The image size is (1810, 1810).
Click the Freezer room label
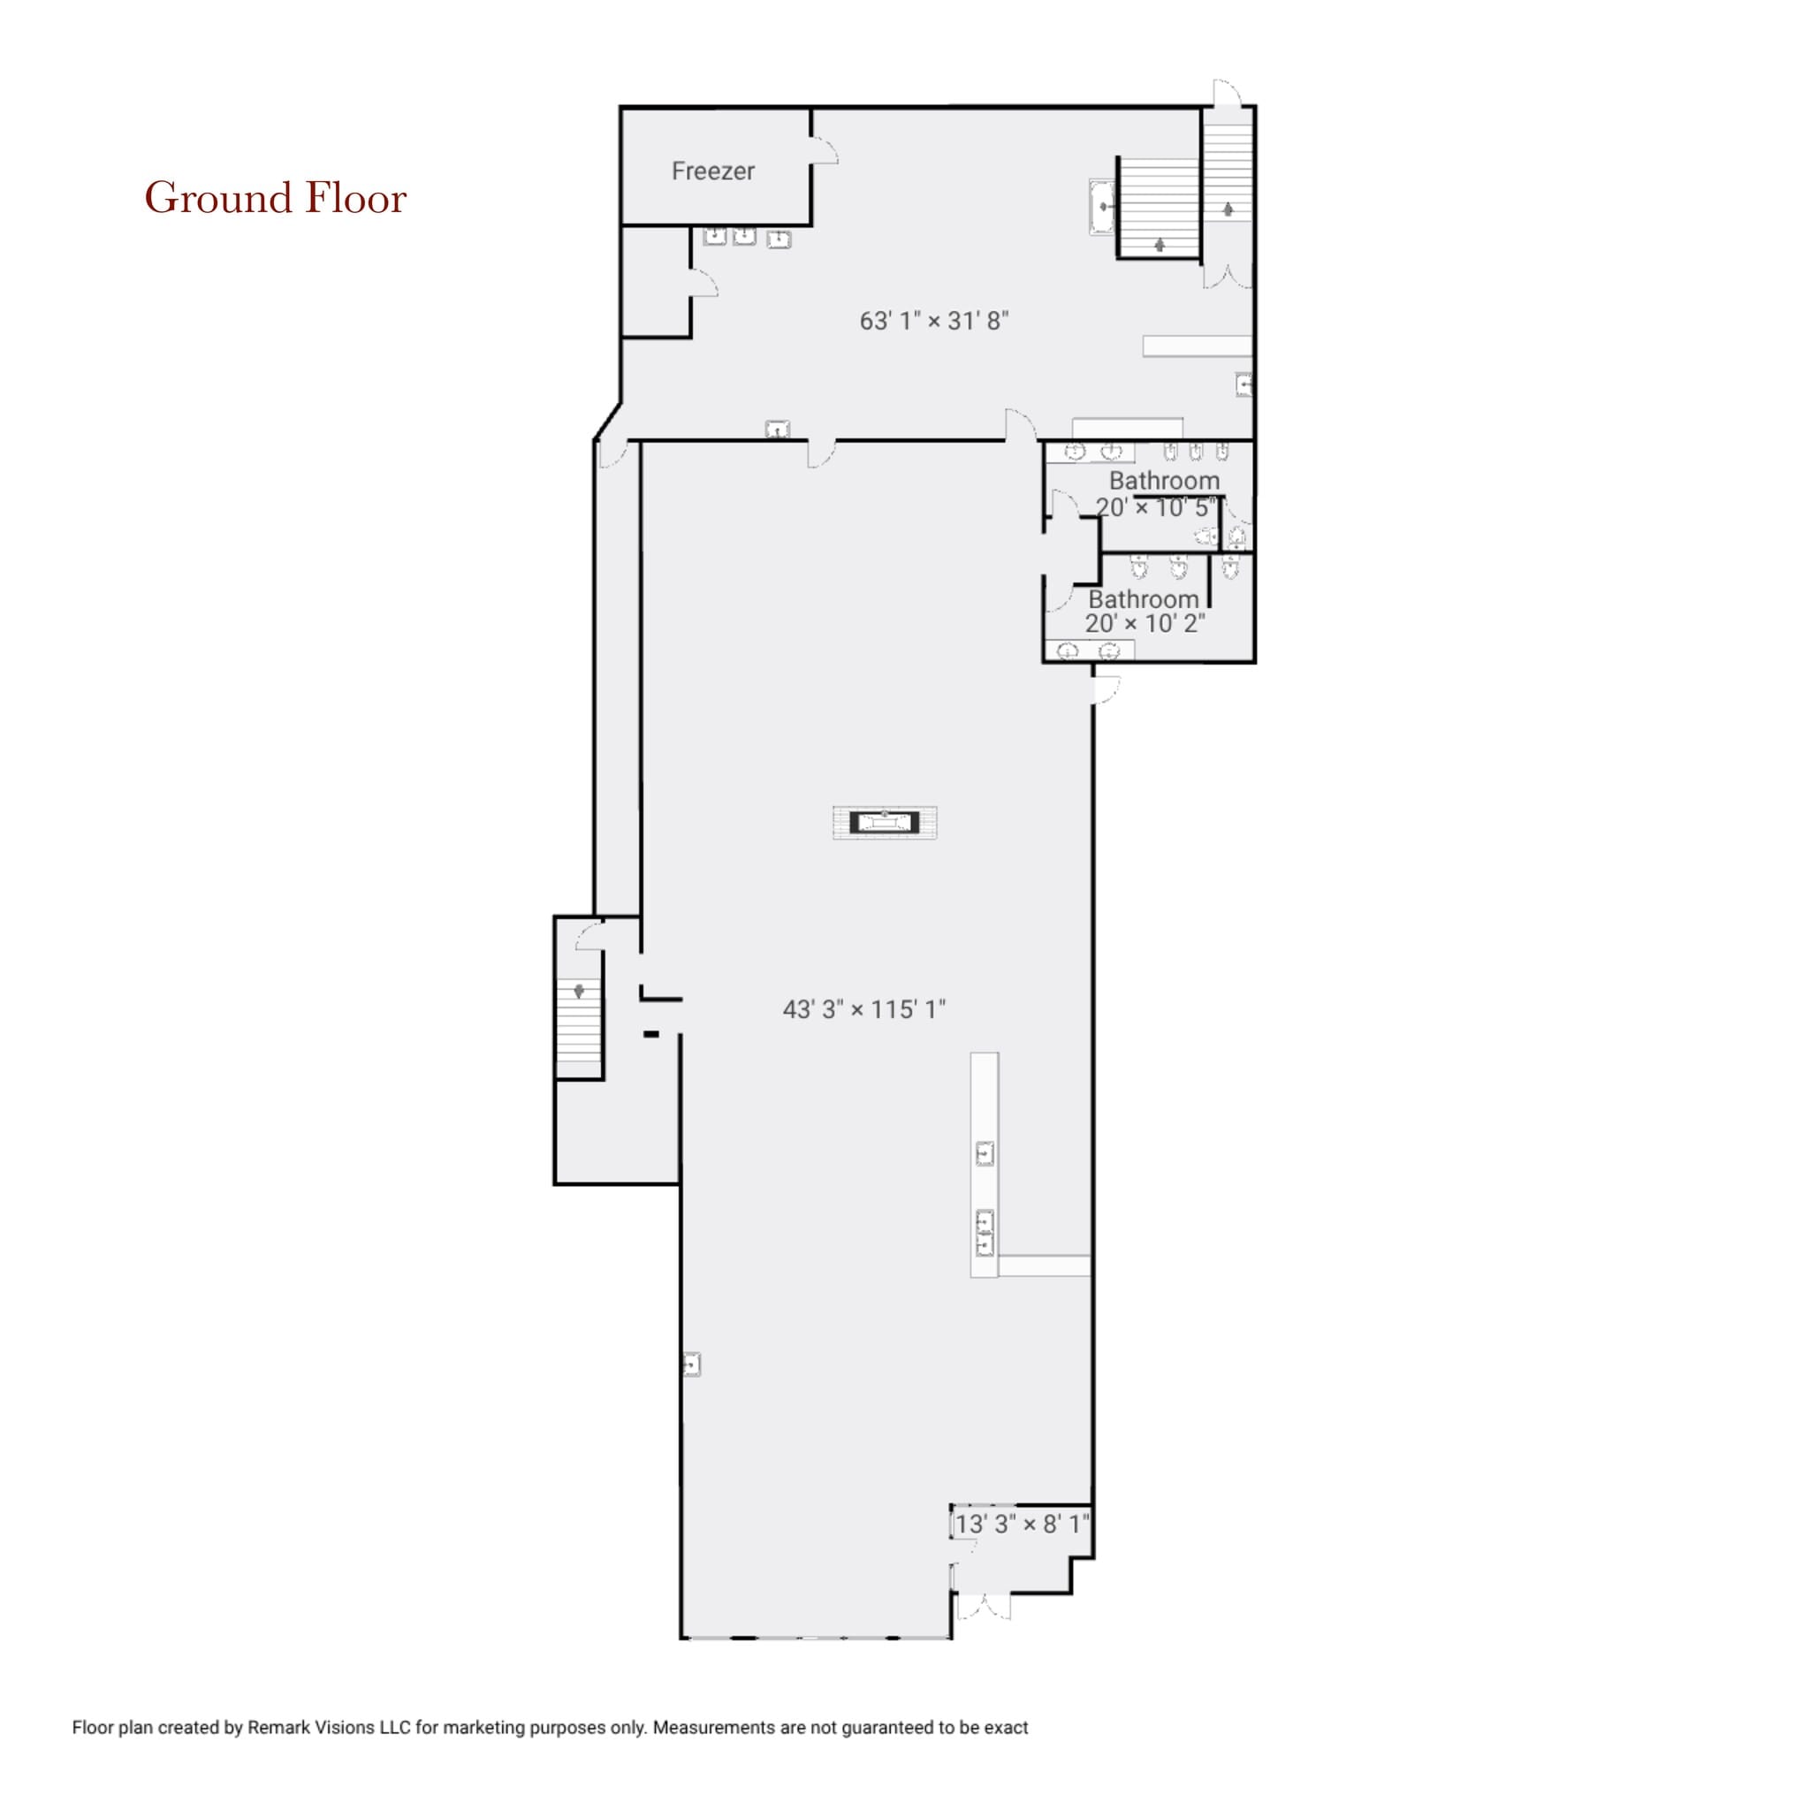(713, 171)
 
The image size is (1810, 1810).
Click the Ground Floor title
(276, 199)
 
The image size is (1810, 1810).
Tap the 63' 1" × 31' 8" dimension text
(934, 322)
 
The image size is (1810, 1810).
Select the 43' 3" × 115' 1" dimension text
(863, 1009)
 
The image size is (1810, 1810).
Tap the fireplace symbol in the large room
(885, 823)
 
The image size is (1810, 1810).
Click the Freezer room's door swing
(824, 151)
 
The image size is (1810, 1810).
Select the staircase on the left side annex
(579, 1028)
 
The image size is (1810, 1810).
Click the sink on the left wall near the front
(691, 1365)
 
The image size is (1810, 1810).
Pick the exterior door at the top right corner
(1228, 94)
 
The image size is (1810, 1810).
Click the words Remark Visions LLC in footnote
(328, 1728)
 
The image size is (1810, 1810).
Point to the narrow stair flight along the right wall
(1228, 171)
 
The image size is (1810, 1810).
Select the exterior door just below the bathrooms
(1106, 689)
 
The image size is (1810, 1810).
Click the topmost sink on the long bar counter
(985, 1154)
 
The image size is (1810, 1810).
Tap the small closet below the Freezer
(656, 281)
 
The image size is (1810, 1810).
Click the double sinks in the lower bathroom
(1089, 650)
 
